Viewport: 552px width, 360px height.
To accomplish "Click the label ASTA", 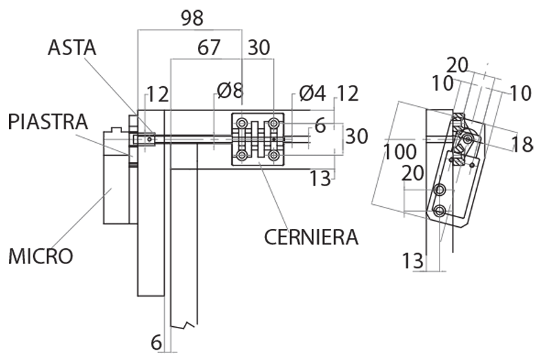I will click(72, 48).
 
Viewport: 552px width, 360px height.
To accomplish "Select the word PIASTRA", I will click(48, 121).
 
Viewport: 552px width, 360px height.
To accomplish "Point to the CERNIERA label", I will click(311, 237).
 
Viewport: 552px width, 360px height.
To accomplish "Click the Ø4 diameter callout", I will click(313, 92).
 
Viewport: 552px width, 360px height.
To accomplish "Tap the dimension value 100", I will click(401, 152).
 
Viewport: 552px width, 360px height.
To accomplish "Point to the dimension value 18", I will click(523, 143).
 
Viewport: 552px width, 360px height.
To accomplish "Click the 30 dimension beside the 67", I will click(259, 48).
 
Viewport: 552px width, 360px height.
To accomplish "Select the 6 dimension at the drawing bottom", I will click(156, 341).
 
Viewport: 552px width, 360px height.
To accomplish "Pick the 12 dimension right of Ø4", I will click(348, 92).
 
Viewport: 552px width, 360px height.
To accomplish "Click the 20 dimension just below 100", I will click(412, 174).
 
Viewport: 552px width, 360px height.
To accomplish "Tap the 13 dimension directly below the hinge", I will click(320, 179).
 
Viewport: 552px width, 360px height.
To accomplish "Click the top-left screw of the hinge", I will click(242, 123).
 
